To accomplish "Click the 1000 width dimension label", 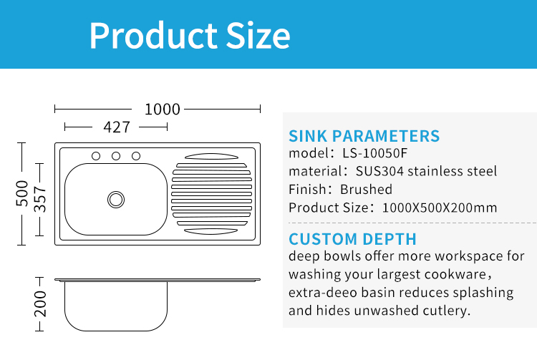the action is [163, 110].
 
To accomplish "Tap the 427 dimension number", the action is [117, 127].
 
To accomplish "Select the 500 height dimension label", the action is [22, 193].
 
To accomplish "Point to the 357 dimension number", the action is [40, 199].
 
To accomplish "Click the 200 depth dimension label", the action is [40, 304].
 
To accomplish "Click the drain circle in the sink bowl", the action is [116, 200].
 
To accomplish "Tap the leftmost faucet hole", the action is [96, 156].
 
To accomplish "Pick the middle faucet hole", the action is [116, 156].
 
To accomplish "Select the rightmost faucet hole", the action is [136, 156].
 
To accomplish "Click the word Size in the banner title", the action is [258, 36].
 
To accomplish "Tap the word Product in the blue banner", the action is [153, 36].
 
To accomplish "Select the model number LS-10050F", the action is [375, 153].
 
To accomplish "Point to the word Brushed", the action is [366, 189].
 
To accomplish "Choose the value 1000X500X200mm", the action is [440, 208].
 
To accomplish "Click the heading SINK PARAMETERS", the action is [364, 136].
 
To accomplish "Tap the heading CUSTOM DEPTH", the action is [352, 239].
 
